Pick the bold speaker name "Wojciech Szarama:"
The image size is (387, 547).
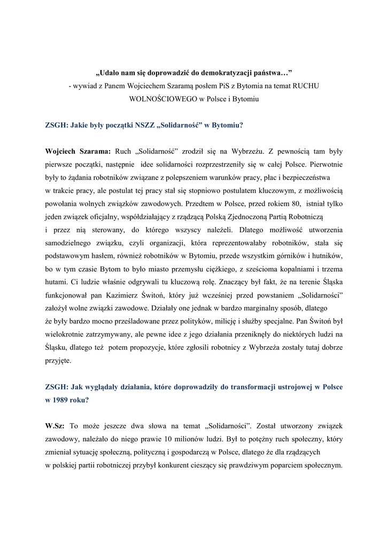point(78,152)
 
